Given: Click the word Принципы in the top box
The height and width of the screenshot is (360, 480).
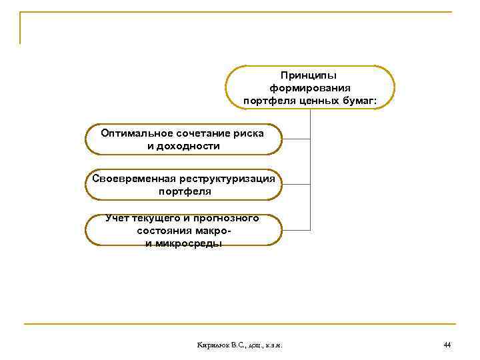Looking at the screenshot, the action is point(310,76).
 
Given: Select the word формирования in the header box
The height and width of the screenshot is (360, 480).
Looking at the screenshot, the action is point(310,89).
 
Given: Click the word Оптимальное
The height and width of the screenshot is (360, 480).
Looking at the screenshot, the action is point(133,133).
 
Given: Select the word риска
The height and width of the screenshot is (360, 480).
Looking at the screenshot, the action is point(249,133).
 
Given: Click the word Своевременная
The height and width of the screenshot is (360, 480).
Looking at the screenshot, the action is point(134,179).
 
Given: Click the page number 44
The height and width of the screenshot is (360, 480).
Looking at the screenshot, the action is point(447,345).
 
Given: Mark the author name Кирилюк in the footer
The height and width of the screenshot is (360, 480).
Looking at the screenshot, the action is point(213,345).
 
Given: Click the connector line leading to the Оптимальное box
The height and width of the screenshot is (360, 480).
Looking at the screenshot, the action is point(297,139).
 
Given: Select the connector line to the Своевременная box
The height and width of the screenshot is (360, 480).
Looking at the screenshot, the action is point(297,185).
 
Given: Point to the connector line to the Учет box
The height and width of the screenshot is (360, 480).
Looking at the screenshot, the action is point(297,230).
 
